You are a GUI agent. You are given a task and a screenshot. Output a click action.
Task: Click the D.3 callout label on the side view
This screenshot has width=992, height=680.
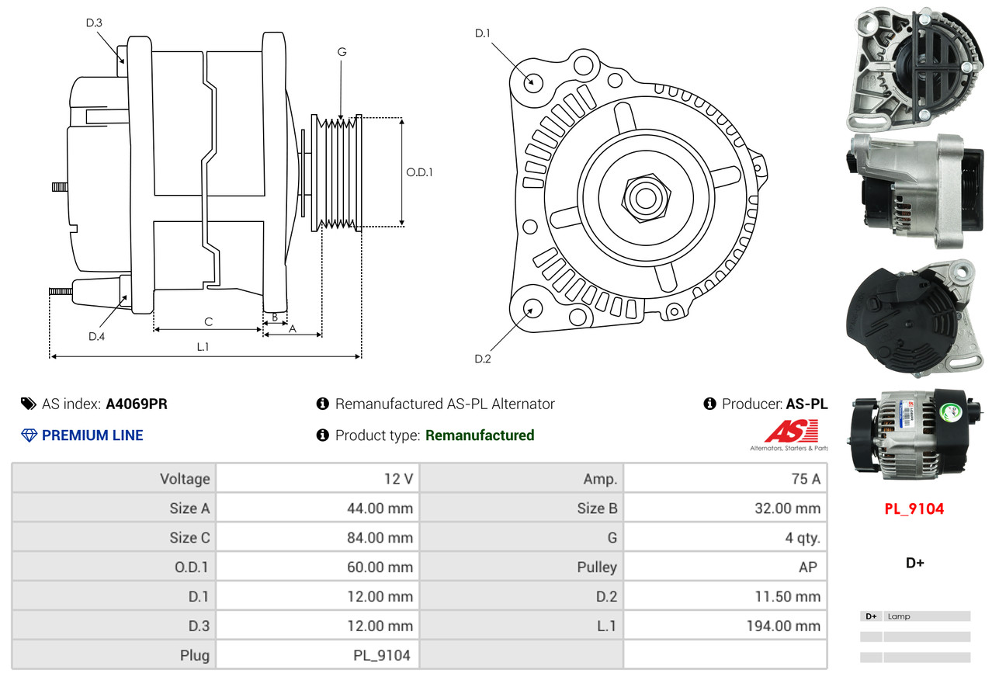tap(94, 23)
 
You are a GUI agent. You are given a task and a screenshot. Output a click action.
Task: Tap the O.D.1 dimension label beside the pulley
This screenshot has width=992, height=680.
tap(419, 172)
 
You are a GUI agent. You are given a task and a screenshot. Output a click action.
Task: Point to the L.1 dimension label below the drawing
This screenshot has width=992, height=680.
tap(202, 347)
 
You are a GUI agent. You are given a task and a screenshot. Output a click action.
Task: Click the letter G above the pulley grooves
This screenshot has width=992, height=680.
tap(342, 52)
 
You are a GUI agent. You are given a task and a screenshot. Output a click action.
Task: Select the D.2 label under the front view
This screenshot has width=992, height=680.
tap(483, 359)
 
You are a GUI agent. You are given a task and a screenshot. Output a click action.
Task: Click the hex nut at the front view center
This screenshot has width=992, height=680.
tap(644, 197)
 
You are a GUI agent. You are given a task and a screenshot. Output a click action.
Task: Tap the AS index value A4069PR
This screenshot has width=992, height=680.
tap(137, 404)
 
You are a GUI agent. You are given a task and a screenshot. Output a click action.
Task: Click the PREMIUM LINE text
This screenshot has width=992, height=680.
tap(92, 435)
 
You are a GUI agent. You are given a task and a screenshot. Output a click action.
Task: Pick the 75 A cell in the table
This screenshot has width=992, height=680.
tap(806, 479)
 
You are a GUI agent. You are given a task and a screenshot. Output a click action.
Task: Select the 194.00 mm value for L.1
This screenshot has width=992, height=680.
tap(783, 626)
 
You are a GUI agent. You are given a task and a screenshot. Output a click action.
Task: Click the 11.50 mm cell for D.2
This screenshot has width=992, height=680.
tap(786, 596)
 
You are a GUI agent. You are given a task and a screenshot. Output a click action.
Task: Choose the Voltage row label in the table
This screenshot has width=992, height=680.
tap(185, 479)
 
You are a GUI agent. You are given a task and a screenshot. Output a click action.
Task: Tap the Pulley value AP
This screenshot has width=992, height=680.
tap(808, 567)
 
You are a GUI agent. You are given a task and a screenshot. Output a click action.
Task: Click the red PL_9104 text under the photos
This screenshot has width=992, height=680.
tap(914, 509)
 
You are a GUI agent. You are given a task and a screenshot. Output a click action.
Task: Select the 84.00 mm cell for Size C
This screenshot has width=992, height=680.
tap(380, 537)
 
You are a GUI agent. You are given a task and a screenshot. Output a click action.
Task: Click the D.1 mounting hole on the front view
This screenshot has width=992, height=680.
tap(532, 82)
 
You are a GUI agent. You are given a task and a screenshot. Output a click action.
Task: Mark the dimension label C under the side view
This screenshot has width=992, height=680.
tap(208, 321)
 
